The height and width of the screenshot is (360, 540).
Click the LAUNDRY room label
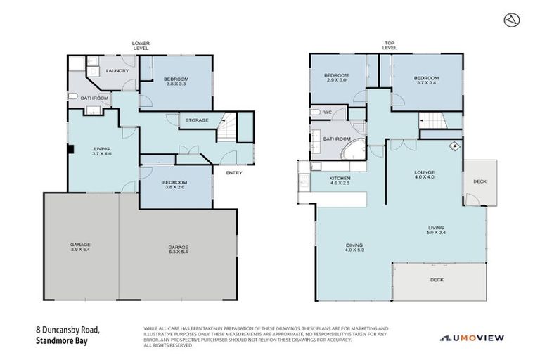[x=116, y=71]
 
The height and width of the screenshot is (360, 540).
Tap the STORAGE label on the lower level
[x=196, y=120]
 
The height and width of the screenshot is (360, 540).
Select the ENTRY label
[x=235, y=173]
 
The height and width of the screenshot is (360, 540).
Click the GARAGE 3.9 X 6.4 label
[x=80, y=247]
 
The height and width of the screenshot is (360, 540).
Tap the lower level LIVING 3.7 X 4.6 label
[x=103, y=150]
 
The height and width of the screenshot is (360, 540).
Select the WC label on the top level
[x=316, y=112]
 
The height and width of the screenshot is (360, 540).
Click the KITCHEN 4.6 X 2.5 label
[x=340, y=181]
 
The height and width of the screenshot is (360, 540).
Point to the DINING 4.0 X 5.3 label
[x=354, y=247]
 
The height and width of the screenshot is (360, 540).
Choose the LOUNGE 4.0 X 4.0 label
[x=424, y=174]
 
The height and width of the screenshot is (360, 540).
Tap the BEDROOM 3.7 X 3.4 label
[x=426, y=80]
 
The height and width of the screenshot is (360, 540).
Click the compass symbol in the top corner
[x=512, y=20]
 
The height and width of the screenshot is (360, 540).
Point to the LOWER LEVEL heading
[x=141, y=46]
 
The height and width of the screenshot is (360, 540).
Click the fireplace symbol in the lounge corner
[x=454, y=147]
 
